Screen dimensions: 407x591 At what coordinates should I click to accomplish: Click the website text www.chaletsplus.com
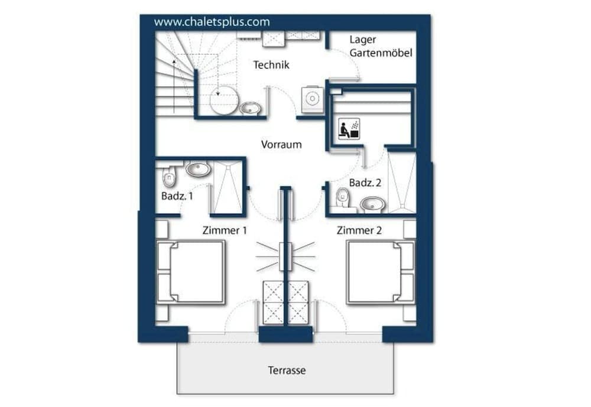tap(212, 22)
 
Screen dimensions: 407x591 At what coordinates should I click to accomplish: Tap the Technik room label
tap(271, 65)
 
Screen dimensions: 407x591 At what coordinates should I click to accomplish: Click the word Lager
tap(363, 40)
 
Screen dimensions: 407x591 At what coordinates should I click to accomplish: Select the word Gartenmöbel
tap(381, 53)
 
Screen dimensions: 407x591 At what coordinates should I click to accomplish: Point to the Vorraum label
tap(281, 144)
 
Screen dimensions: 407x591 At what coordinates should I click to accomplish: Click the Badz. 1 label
tap(177, 195)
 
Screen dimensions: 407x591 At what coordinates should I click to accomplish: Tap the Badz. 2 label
tap(364, 183)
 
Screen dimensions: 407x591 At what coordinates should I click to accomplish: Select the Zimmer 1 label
tap(224, 230)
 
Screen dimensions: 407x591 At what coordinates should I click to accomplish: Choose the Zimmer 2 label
tap(359, 230)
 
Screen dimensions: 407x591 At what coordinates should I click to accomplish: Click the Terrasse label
tap(287, 370)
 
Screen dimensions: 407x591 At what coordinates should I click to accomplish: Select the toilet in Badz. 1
tap(168, 176)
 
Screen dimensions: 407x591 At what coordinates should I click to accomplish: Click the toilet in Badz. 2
tap(342, 198)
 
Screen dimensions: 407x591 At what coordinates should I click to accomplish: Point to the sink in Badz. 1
tap(198, 170)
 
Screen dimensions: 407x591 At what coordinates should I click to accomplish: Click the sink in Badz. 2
tap(372, 204)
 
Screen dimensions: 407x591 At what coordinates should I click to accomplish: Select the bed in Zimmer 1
tap(191, 272)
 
